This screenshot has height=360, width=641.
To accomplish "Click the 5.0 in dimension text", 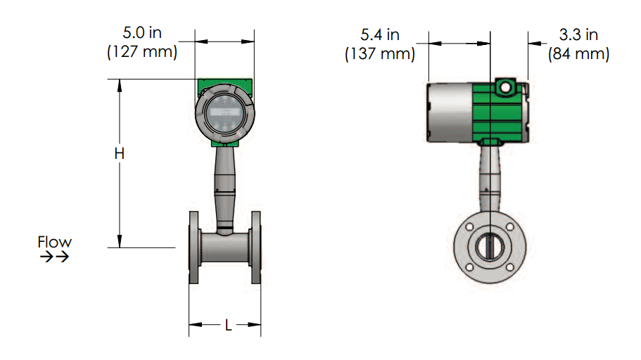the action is coord(142,32).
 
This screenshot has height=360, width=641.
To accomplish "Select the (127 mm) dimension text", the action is coord(142,52).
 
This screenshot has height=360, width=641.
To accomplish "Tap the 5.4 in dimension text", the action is coord(380,34).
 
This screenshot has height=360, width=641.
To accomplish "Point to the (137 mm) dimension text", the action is coord(380,54).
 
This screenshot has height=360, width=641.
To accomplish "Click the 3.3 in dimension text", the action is coord(578,34).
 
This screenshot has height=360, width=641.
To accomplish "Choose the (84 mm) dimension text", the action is coord(578,54).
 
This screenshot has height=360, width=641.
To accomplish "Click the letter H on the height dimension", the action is coord(120,154).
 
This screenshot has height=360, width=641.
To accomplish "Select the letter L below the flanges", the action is coord(228,326).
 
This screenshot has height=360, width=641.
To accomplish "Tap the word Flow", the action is coord(54,241).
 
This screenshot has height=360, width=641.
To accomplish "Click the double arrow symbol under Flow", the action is coord(54,257).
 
